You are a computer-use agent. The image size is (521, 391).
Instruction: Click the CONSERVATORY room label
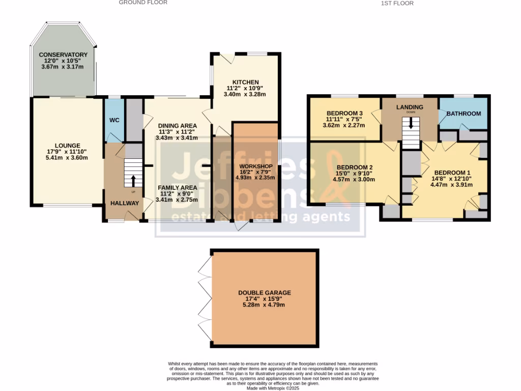pos(64,54)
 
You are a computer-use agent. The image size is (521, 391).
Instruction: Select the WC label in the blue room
pos(114,120)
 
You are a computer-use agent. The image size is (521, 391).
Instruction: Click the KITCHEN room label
pos(246,82)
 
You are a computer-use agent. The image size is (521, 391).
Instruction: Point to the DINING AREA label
pos(177,125)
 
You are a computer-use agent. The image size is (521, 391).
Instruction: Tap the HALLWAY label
pos(125,203)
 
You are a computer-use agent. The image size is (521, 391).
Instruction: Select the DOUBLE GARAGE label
pos(265,293)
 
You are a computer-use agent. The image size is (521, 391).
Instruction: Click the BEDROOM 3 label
pos(344,113)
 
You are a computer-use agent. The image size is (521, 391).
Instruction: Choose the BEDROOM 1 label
pos(445,172)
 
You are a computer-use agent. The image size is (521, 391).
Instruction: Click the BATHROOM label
pos(464,114)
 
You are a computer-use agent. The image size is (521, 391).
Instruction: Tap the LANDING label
pos(410,106)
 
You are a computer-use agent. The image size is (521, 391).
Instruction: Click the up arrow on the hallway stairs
pos(134,181)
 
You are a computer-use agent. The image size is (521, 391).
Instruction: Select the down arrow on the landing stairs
pos(411,123)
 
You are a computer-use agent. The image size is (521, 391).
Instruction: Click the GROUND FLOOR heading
pos(143,3)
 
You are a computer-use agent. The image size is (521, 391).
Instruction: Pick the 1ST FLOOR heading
pos(397,3)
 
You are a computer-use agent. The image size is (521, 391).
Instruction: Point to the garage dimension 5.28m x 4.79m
pos(265,305)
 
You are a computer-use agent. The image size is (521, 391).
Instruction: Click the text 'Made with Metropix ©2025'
pos(273,388)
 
